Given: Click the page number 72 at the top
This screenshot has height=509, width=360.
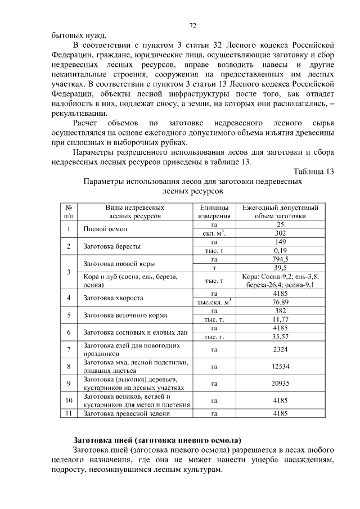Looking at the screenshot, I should [192, 25].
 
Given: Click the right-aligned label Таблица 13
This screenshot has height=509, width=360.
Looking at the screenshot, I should [313, 172].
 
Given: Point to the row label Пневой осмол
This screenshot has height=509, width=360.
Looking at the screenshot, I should [106, 229].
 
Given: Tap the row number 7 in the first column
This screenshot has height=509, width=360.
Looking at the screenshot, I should [68, 350].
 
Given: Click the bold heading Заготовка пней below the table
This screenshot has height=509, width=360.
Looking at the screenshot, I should [158, 439].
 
